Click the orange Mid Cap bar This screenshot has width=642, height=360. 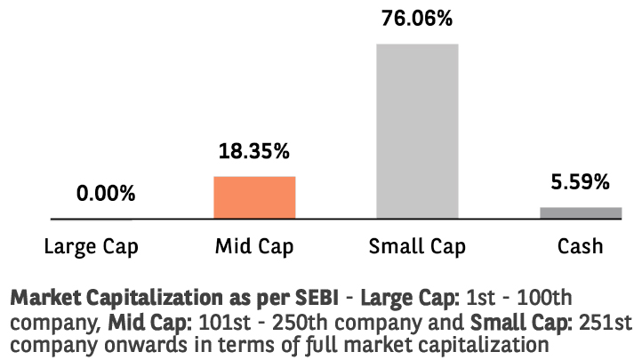[254, 197]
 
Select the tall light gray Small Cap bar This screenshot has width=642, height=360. [417, 131]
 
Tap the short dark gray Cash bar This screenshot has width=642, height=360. [581, 212]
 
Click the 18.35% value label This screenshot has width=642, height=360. [254, 152]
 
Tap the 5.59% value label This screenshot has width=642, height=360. [580, 183]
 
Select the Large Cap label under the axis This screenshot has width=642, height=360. [92, 244]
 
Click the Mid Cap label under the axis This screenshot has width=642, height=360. [254, 244]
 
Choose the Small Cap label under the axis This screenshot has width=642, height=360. [417, 244]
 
